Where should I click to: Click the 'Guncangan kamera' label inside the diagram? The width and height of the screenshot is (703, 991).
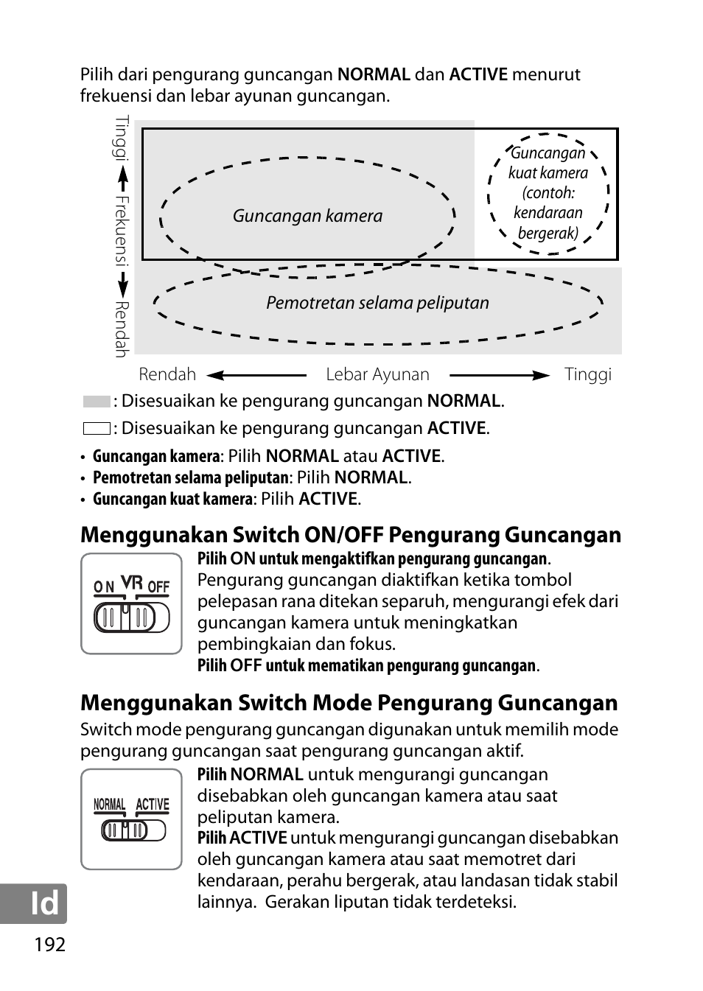[307, 216]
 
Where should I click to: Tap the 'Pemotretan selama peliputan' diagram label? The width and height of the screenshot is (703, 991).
[377, 303]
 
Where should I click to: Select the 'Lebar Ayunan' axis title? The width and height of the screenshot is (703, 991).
[377, 374]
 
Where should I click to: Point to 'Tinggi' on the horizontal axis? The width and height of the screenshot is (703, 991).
[587, 374]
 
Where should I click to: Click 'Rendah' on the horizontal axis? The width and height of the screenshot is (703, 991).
[167, 374]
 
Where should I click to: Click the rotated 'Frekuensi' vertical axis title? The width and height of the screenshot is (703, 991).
[122, 231]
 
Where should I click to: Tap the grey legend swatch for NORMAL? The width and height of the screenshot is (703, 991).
[97, 402]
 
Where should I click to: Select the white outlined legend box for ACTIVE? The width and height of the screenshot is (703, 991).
[97, 428]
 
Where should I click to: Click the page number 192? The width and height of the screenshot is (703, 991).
[49, 944]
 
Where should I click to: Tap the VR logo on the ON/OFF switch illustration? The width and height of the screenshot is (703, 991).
[131, 584]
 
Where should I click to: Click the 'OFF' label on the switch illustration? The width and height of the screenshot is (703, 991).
[158, 587]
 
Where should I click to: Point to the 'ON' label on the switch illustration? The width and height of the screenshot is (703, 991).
[104, 587]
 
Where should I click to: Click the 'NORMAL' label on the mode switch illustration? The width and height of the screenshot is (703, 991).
[110, 805]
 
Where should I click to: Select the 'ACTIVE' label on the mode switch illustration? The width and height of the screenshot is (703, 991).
[153, 805]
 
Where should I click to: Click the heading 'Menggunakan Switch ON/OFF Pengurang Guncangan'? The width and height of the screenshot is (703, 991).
[351, 535]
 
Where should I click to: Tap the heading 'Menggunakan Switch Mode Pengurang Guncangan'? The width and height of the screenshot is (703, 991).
[349, 703]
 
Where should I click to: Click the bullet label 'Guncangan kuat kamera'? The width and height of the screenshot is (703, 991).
[172, 499]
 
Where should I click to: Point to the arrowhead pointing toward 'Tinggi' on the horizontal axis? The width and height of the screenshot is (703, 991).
[542, 375]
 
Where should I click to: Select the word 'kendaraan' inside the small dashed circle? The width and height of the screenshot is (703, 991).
[548, 213]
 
